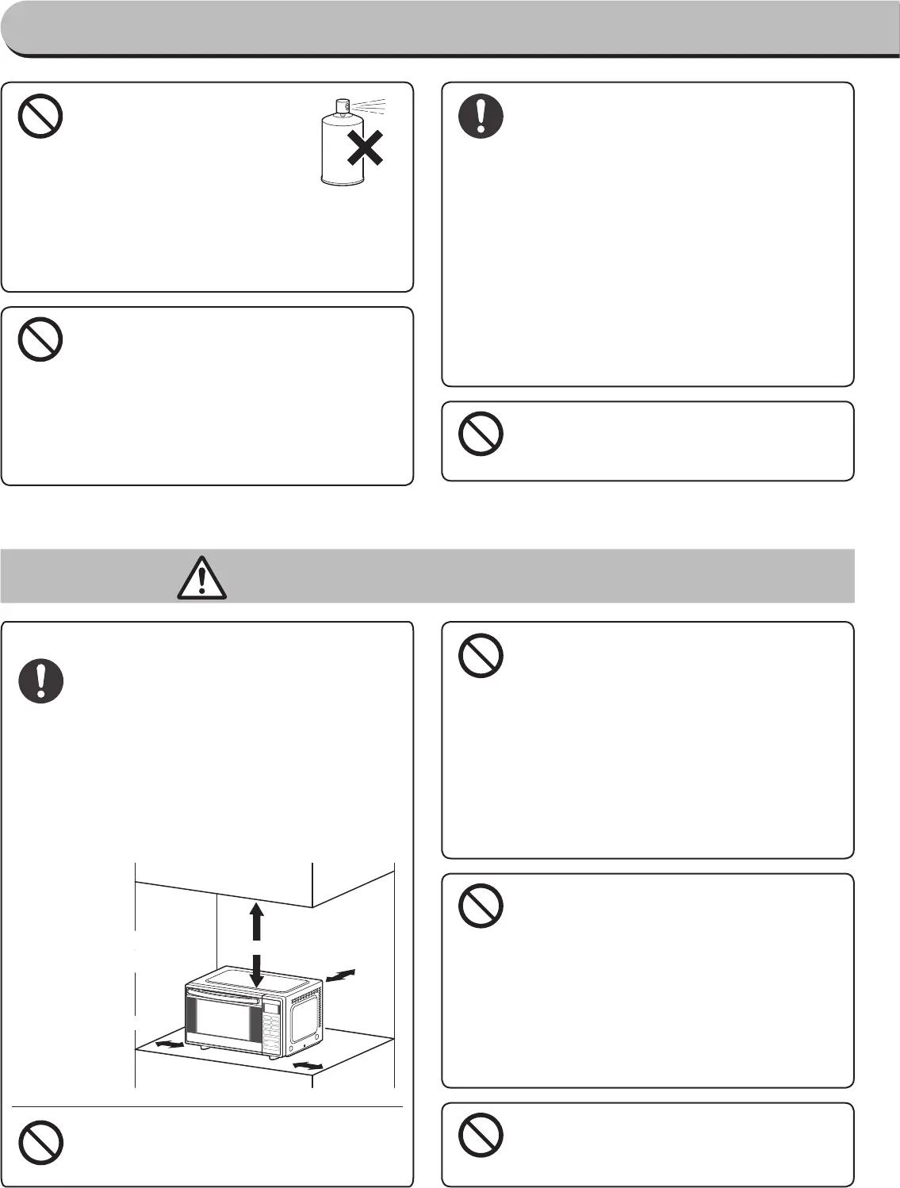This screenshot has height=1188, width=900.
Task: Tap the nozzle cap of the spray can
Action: (x=343, y=106)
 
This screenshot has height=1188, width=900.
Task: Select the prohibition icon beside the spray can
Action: (x=40, y=117)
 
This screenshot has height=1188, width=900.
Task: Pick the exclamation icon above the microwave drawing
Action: (x=40, y=681)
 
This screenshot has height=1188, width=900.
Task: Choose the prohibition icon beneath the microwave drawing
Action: (x=40, y=1143)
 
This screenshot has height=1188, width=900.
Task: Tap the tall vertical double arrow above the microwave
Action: (x=256, y=945)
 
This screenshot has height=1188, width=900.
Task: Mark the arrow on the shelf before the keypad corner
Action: (x=308, y=1062)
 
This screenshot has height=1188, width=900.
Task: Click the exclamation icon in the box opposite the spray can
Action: (x=481, y=117)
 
